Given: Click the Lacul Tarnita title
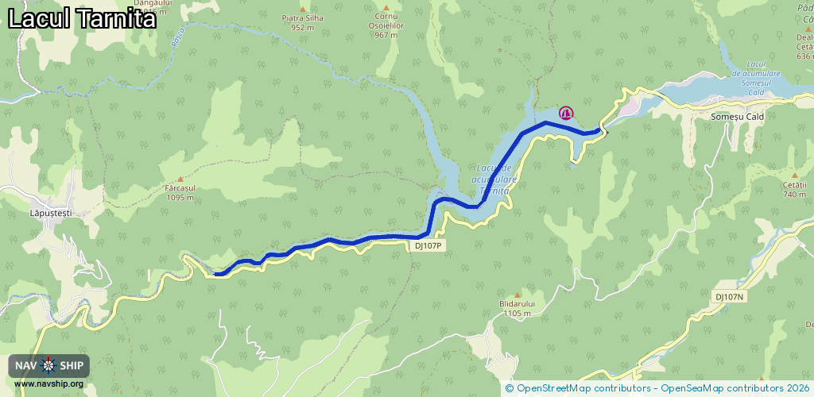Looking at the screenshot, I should pos(82,19).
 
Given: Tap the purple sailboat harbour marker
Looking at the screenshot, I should pos(566,113).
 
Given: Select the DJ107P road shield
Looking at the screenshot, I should pos(428,246).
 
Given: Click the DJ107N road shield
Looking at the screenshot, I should pos(729,297).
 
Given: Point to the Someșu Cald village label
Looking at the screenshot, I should pos(737,117).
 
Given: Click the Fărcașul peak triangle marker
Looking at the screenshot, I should pos(180,179).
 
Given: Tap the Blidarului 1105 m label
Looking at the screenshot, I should pos(517,308).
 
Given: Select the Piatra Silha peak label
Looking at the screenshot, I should pos(303,21).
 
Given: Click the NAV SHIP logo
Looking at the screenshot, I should pos(48,365).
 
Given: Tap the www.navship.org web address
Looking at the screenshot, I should pos(48,384).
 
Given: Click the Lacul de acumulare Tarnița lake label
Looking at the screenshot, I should pos(496,179).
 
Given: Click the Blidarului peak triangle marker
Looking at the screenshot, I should pos(517,295).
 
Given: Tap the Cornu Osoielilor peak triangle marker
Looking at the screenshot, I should pos(386,8).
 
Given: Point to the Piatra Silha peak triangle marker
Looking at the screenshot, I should pos(303,9).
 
